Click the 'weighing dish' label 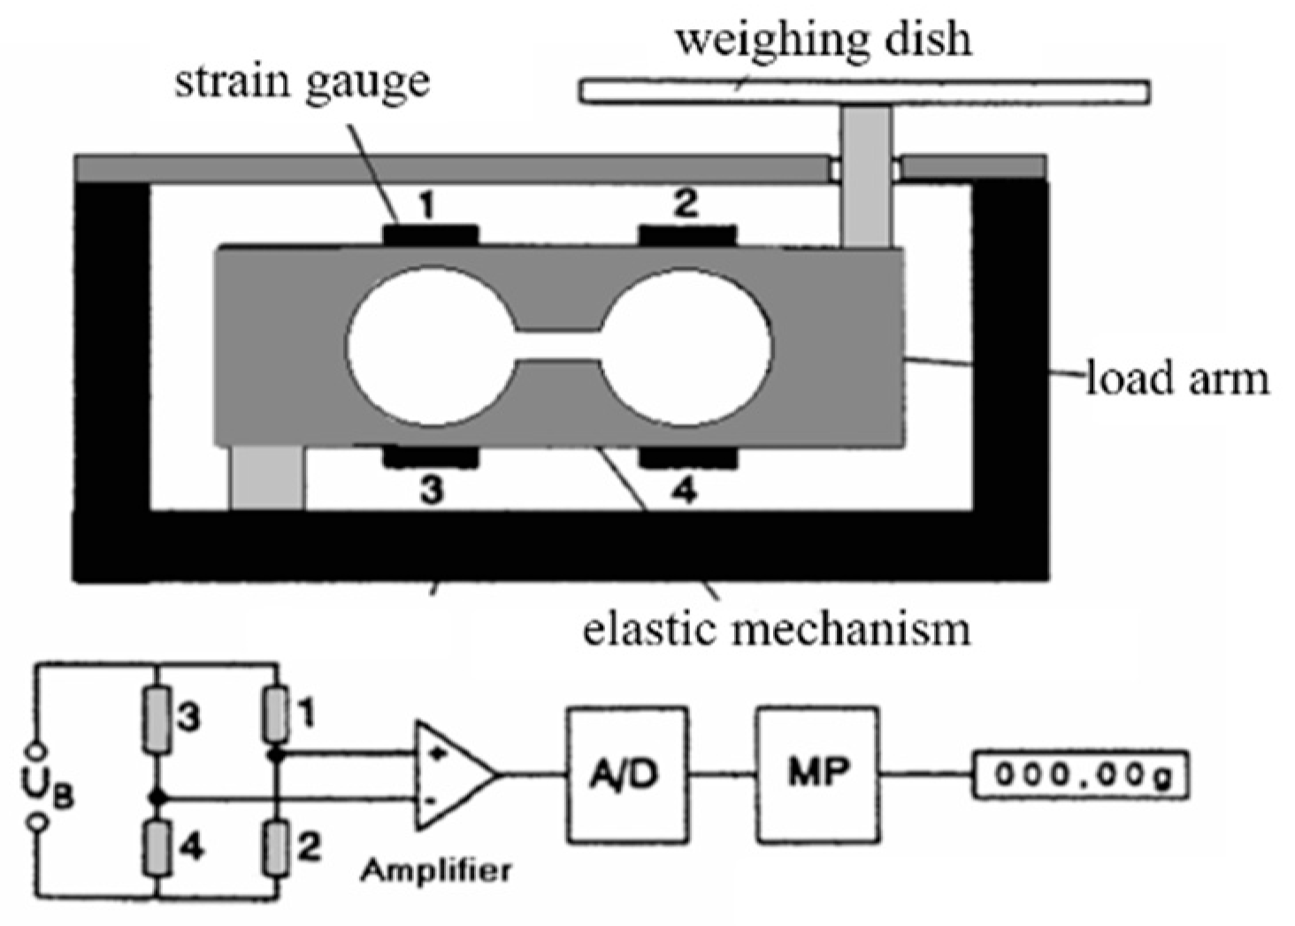point(823,40)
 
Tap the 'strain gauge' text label point(303,82)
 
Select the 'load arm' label point(1176,379)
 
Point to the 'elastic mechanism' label point(776,629)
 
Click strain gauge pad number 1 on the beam point(430,235)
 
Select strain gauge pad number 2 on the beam point(687,235)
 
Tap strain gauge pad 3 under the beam point(430,457)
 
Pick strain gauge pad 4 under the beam point(687,457)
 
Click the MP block point(817,774)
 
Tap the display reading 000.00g point(1080,775)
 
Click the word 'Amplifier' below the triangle point(435,870)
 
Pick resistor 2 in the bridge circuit point(277,847)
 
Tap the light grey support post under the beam point(267,478)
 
